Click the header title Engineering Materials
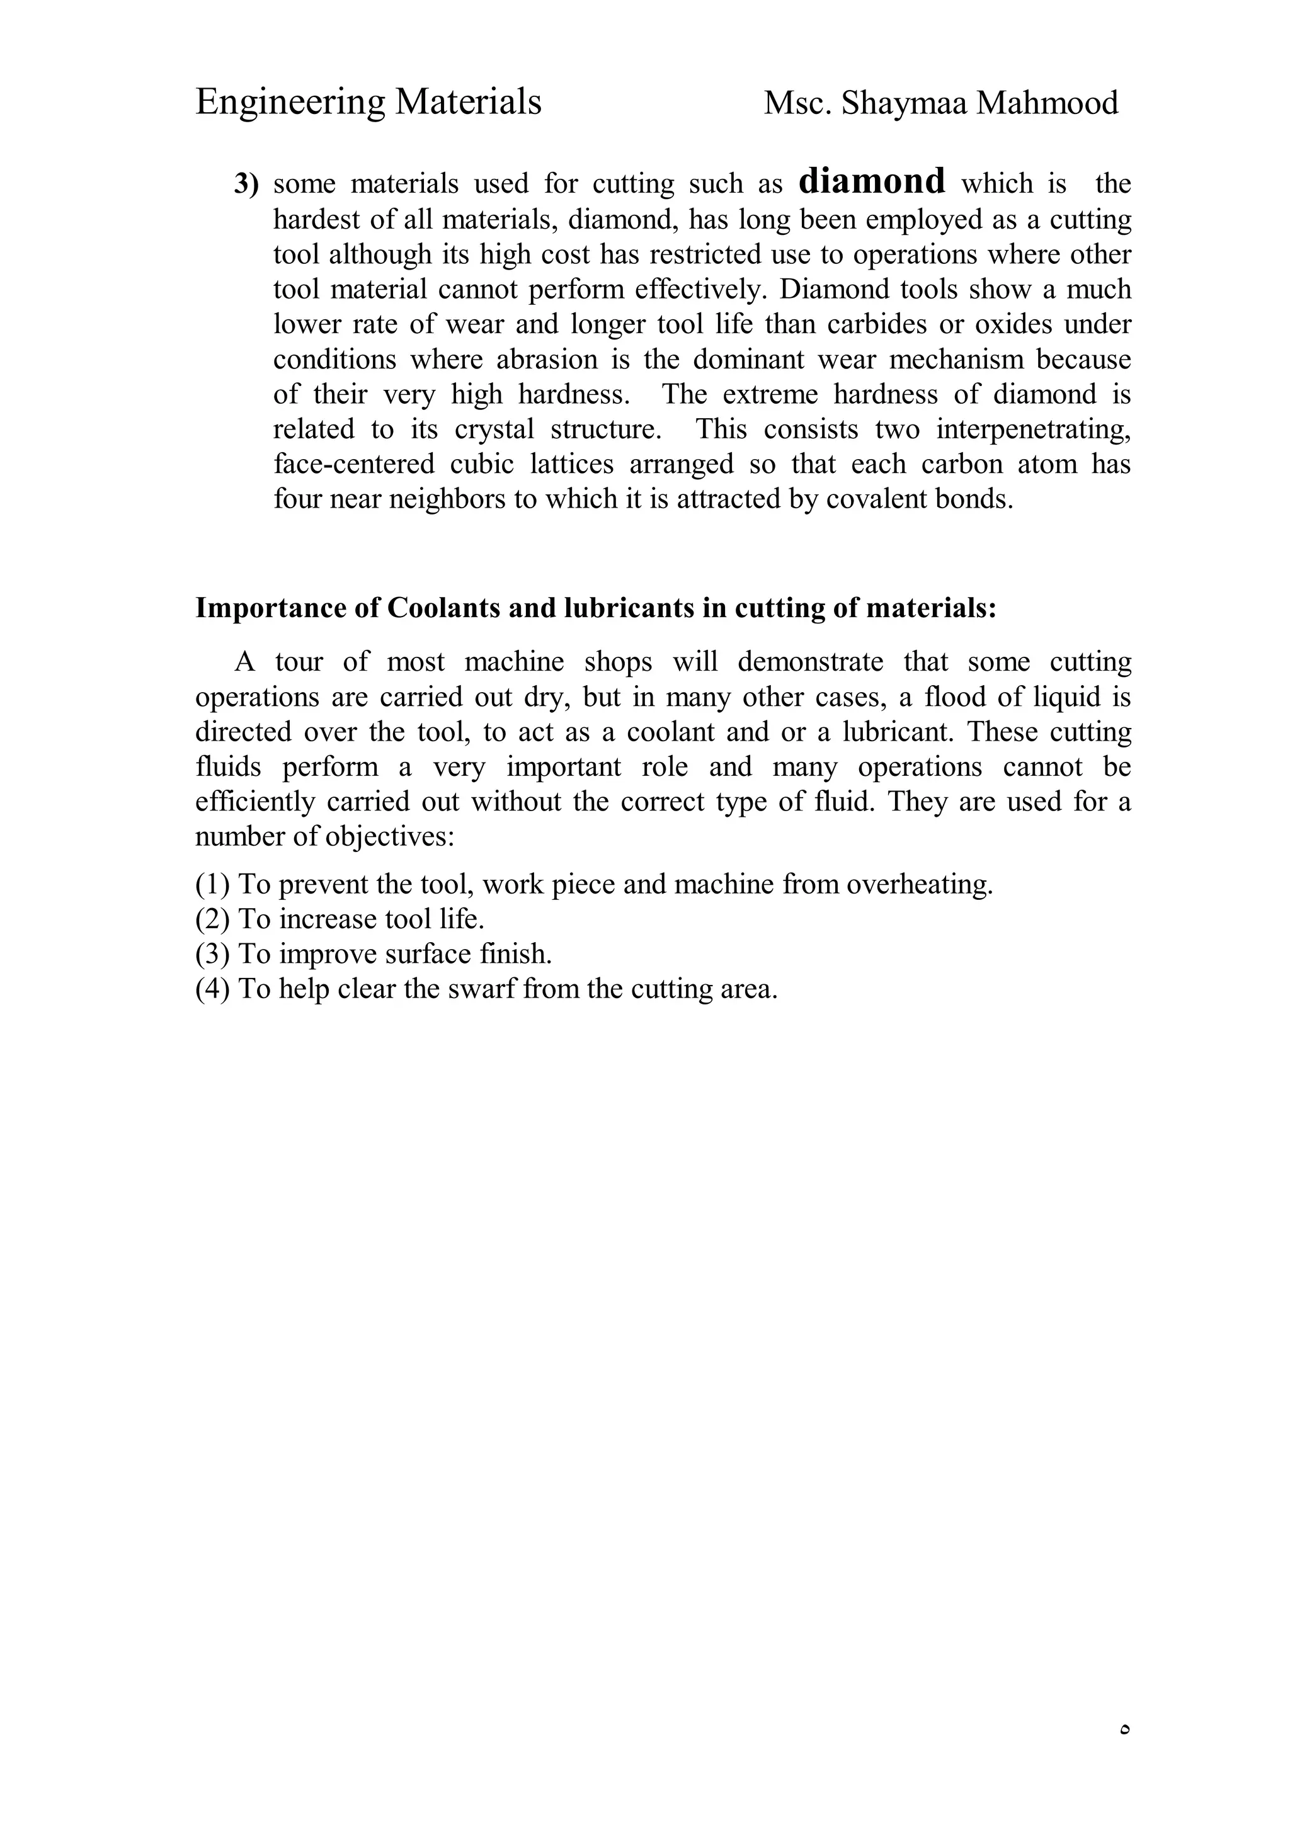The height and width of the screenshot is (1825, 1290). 368,103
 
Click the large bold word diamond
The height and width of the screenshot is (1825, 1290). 871,181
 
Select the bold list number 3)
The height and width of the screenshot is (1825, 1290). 246,185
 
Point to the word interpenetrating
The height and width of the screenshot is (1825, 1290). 1032,429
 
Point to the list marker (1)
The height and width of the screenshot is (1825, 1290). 212,885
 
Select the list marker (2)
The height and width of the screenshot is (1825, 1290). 212,919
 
